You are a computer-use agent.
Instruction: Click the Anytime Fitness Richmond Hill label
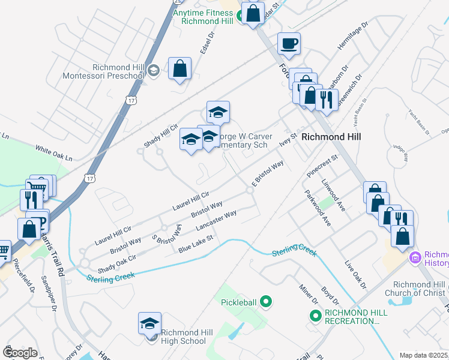tap(202, 16)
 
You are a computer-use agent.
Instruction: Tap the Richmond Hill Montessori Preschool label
tap(103, 71)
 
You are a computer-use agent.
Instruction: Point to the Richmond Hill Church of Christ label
tap(418, 289)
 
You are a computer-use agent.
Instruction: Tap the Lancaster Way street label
tap(216, 221)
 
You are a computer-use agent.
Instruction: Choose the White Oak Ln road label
tap(53, 154)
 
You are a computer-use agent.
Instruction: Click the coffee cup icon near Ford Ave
tap(289, 43)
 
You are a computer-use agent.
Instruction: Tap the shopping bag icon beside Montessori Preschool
tap(180, 68)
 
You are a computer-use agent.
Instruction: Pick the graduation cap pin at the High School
tap(149, 323)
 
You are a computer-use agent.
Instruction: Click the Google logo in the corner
tap(20, 353)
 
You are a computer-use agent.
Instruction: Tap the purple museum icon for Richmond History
tap(414, 257)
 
